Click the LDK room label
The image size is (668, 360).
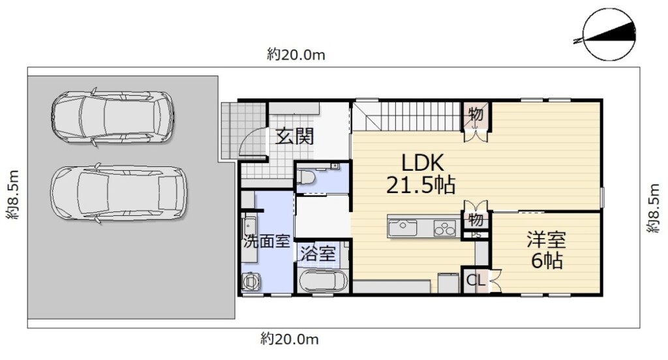tap(423, 162)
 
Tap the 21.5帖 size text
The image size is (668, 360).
tap(421, 185)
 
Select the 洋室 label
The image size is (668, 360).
tap(546, 239)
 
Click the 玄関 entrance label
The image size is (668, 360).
tap(294, 136)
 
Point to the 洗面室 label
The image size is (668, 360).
tap(267, 242)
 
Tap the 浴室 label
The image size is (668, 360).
tap(318, 254)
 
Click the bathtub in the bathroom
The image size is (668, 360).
tap(324, 280)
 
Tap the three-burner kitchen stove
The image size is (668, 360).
tap(445, 228)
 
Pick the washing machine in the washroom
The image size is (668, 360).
tap(251, 281)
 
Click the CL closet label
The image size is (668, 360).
tap(476, 280)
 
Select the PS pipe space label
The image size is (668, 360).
tap(476, 235)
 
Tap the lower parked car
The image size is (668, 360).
tap(119, 193)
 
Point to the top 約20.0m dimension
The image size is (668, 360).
tap(296, 55)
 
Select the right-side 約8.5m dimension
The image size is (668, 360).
tap(654, 208)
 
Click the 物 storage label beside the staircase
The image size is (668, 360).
tap(476, 113)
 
